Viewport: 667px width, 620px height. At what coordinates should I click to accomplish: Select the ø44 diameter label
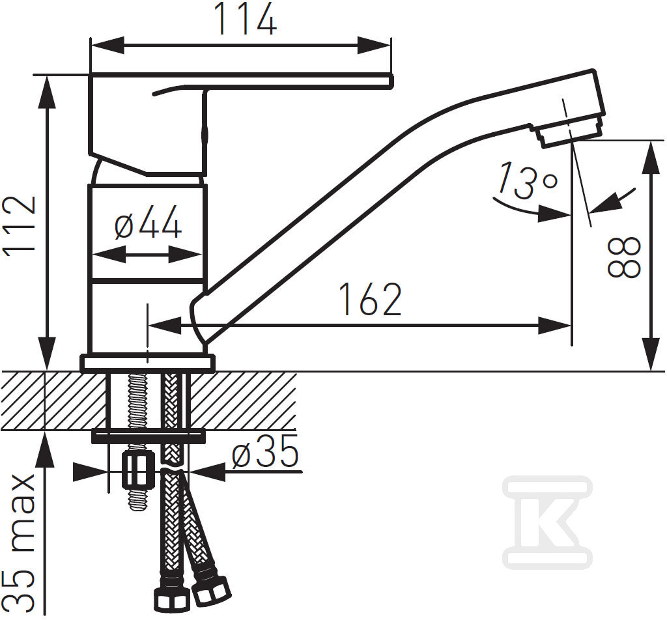[148, 221]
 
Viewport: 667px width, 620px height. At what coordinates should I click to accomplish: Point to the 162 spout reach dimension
[371, 300]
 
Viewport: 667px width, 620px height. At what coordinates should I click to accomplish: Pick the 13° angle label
[526, 180]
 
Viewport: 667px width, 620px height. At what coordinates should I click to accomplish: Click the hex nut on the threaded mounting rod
[138, 470]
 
